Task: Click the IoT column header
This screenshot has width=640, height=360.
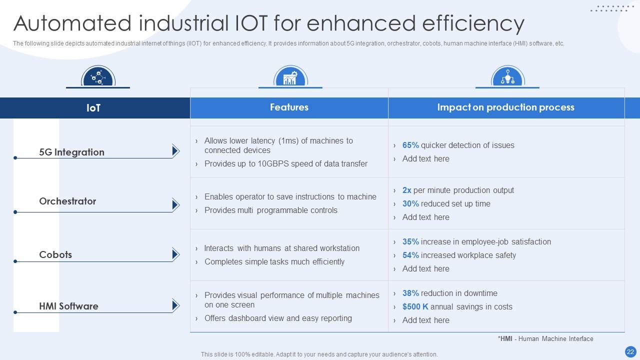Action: (x=93, y=108)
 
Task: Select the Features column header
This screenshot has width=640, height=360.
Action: (x=289, y=107)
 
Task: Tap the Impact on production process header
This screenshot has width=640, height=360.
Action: (x=505, y=107)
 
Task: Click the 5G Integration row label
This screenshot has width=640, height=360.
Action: (x=71, y=152)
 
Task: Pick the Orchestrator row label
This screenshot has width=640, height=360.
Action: (x=67, y=201)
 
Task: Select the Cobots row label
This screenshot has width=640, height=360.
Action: (x=55, y=255)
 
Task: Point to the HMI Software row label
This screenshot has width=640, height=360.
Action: (x=68, y=306)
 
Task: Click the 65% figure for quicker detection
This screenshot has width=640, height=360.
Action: (x=410, y=145)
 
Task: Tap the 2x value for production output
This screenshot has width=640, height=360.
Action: (x=406, y=190)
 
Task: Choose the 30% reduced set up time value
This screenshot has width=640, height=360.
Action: (x=410, y=204)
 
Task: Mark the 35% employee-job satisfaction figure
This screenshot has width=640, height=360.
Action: (x=410, y=242)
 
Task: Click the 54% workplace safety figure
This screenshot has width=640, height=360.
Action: (x=410, y=255)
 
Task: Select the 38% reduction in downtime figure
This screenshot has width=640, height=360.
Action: (x=410, y=293)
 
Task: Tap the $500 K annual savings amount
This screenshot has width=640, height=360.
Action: (x=415, y=307)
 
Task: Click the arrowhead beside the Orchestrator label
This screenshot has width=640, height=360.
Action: (x=175, y=204)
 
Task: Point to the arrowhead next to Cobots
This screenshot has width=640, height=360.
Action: (x=175, y=254)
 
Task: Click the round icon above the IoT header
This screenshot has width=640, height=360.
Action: (x=98, y=77)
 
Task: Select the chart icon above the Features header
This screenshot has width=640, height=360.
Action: (x=290, y=77)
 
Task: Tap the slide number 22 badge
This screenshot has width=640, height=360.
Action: (x=630, y=351)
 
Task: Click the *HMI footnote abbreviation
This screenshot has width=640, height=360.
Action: (x=506, y=339)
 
